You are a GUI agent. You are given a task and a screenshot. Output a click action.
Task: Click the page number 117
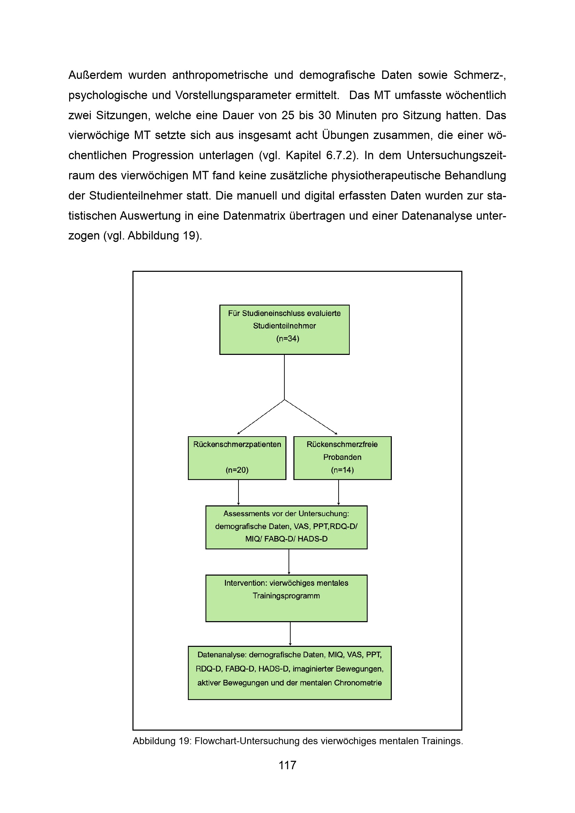287,765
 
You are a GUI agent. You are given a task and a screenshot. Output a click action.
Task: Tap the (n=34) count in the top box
287,339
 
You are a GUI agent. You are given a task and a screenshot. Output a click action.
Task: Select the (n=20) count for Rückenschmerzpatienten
237,470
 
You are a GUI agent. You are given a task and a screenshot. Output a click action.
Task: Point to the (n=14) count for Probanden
342,470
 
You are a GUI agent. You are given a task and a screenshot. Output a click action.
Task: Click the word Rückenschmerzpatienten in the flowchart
237,445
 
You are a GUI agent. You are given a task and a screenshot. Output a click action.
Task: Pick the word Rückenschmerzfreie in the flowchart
342,445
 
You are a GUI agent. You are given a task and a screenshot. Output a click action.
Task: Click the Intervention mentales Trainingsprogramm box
286,598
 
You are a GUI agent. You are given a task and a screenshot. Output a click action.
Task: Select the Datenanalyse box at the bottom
289,673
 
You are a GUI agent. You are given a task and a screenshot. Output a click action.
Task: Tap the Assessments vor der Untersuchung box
286,527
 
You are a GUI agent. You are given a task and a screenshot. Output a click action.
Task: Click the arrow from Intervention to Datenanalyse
290,634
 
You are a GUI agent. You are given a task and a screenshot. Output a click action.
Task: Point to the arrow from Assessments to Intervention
289,562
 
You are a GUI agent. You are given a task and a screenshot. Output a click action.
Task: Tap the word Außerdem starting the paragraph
95,75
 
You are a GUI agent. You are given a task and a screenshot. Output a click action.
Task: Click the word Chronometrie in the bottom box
358,683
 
